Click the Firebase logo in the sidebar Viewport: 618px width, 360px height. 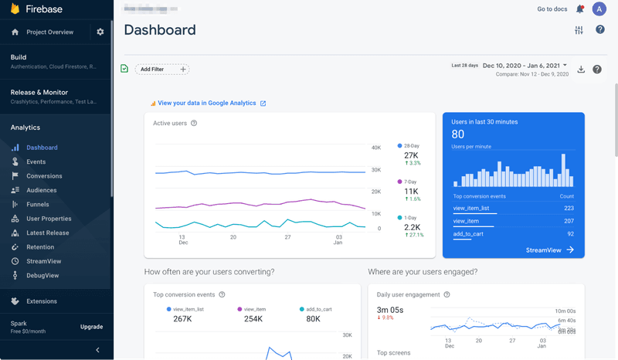(x=15, y=9)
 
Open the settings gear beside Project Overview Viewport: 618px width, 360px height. (x=100, y=32)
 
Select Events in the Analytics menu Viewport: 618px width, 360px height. (x=36, y=162)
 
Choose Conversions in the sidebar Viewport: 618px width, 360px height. (x=44, y=176)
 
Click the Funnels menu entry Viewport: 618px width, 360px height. (x=37, y=205)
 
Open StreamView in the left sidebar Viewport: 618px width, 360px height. (x=43, y=261)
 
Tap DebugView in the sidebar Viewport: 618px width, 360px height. (x=42, y=276)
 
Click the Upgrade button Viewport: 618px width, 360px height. (x=91, y=327)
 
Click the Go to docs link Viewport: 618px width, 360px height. (x=552, y=9)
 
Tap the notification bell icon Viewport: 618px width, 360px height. (x=580, y=9)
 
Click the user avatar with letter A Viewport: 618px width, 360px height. (x=599, y=9)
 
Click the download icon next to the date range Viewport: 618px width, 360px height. (x=581, y=70)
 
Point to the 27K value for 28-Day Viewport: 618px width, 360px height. (x=411, y=155)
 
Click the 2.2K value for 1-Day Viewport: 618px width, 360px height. (x=413, y=227)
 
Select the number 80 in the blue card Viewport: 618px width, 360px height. (x=458, y=134)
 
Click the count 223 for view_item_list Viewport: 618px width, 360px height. (x=569, y=208)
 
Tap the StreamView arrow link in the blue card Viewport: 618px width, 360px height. (x=549, y=250)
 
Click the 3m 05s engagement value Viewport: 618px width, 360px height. (x=390, y=309)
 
